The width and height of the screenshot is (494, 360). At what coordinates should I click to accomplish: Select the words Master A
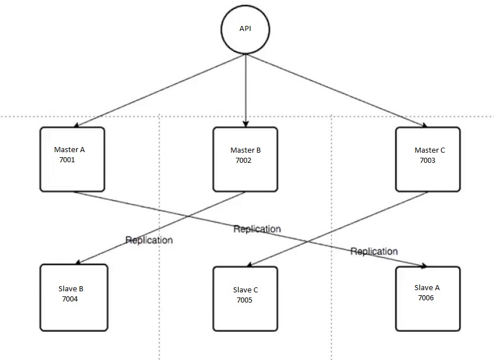(x=69, y=150)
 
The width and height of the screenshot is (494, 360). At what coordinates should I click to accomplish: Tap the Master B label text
(x=246, y=150)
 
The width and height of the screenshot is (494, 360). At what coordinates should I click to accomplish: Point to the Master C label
(x=429, y=150)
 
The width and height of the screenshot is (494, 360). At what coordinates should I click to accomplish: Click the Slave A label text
(x=426, y=288)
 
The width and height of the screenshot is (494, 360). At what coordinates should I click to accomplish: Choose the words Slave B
(x=70, y=289)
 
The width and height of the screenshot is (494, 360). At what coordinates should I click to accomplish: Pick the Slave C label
(x=245, y=290)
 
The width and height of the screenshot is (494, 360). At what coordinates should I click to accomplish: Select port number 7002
(x=243, y=161)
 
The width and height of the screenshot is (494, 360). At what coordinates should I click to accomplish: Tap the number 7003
(x=428, y=161)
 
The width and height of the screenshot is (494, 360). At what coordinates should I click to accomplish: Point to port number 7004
(x=70, y=299)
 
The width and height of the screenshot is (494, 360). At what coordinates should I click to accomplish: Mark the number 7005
(x=244, y=300)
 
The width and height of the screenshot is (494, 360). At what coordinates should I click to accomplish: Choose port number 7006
(x=426, y=298)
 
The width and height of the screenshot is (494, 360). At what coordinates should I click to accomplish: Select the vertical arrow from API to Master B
(x=245, y=90)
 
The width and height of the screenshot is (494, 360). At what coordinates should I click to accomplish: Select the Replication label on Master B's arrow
(x=149, y=240)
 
